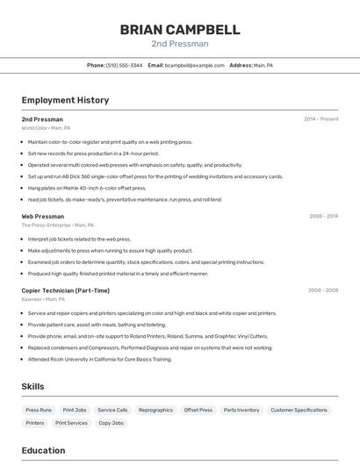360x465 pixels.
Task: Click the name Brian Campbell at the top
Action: point(180,30)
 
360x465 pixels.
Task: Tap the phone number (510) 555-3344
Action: point(125,65)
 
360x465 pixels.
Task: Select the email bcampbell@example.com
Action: point(194,65)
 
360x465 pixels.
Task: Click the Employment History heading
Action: point(65,100)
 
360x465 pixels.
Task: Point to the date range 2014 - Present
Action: point(320,119)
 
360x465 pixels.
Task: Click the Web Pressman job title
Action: point(43,216)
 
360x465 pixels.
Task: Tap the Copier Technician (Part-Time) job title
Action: point(66,290)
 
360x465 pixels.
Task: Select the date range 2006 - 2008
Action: point(322,290)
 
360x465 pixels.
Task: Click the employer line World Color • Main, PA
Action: point(46,128)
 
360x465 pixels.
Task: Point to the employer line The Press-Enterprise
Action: point(57,225)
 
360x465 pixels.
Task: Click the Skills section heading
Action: point(32,386)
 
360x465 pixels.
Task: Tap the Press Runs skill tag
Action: point(39,410)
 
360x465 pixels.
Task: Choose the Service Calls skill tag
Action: point(112,410)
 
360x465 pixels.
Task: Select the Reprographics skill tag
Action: point(155,410)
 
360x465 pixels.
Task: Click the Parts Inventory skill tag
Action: point(241,410)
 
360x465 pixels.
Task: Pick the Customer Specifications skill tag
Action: point(299,410)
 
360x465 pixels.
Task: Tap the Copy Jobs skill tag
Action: point(111,423)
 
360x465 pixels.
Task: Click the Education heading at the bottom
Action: point(43,451)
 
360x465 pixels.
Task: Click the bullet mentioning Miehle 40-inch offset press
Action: point(87,188)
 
